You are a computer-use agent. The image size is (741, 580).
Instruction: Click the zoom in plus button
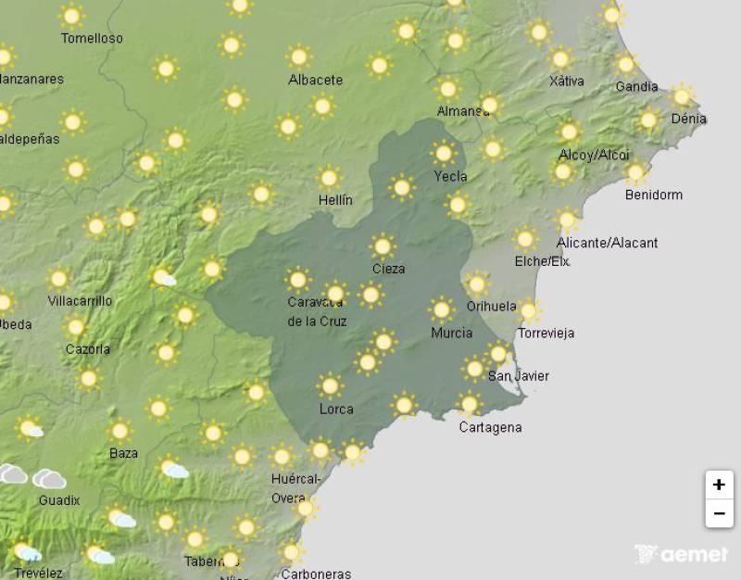coord(719,485)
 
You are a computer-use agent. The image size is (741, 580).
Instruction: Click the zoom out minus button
coord(719,512)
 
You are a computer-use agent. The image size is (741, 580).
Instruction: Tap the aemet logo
coord(682,554)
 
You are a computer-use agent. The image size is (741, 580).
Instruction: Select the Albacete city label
coord(315,80)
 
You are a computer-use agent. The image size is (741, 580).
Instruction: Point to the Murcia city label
coord(452,333)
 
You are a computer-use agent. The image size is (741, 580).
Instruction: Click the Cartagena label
coord(490,427)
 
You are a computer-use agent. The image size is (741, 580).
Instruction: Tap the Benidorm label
coord(654,195)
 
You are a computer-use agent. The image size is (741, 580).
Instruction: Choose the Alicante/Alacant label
coord(608,243)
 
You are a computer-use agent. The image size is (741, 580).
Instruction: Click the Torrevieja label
coord(546,333)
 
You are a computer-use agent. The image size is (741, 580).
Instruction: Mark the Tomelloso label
coord(92,39)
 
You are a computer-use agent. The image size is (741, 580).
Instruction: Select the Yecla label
coord(450,176)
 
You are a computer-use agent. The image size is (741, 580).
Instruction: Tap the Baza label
coord(123,453)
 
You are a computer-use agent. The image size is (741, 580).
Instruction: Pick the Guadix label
coord(59,500)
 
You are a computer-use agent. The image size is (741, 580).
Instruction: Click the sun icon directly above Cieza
coord(383,246)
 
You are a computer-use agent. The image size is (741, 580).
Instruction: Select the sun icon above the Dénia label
coord(683,95)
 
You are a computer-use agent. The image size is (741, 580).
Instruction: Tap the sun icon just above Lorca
coord(330,385)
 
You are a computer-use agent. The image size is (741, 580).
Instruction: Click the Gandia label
coord(636,87)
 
